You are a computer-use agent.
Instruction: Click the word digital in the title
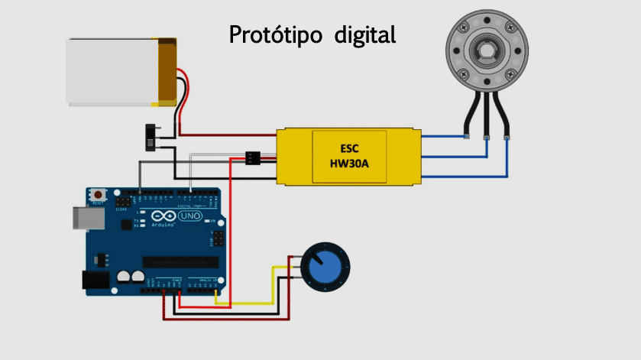tap(365, 35)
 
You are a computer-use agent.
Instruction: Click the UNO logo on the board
tap(189, 217)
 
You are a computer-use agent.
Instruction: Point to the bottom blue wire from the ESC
tap(466, 176)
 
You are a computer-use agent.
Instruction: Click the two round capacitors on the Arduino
tap(130, 277)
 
